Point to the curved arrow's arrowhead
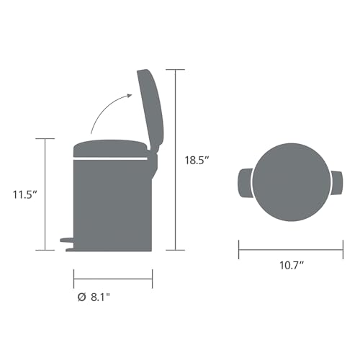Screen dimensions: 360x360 (129, 96)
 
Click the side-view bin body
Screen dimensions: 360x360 (112, 202)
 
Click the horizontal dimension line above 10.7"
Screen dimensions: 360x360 (290, 250)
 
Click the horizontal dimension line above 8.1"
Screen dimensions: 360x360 (112, 278)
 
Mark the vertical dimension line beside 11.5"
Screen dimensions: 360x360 (45, 194)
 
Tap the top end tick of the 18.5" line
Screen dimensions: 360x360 (175, 69)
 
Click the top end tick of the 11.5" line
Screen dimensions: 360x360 (45, 138)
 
